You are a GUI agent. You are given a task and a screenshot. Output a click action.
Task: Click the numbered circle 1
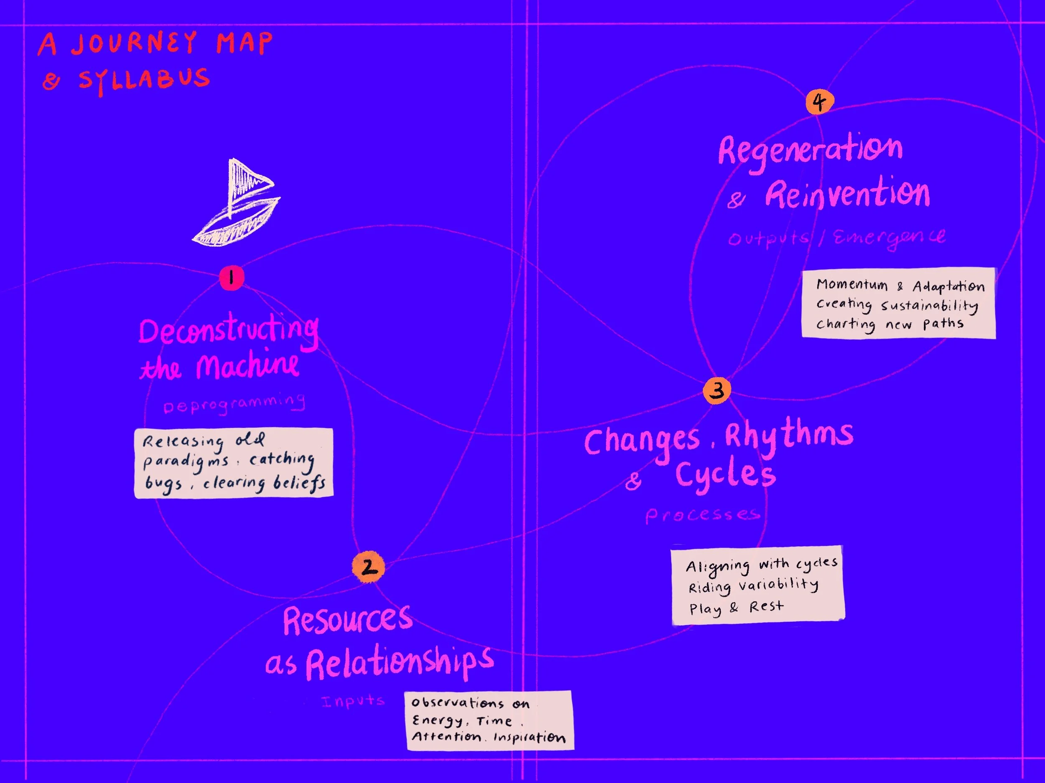pos(232,278)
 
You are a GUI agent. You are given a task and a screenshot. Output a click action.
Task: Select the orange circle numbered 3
pos(717,390)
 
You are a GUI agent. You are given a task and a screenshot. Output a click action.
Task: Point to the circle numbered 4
pos(820,101)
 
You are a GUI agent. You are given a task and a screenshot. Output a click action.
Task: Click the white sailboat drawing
pos(236,208)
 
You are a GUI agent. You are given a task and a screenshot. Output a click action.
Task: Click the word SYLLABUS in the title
pos(144,80)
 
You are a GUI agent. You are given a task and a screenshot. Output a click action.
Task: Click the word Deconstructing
pos(228,331)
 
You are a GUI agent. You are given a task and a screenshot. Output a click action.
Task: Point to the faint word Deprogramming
pos(234,404)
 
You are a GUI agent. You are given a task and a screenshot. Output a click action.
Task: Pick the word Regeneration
pos(810,150)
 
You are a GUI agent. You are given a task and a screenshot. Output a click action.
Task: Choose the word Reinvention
pos(847,194)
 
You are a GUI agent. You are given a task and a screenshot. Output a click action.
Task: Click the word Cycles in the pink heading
pos(725,475)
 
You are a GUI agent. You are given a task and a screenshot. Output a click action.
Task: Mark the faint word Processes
pos(703,515)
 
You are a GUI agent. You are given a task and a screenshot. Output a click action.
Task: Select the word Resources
pos(348,620)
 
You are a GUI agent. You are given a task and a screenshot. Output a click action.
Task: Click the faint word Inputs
pos(353,701)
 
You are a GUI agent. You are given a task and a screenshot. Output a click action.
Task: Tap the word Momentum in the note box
pos(852,285)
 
